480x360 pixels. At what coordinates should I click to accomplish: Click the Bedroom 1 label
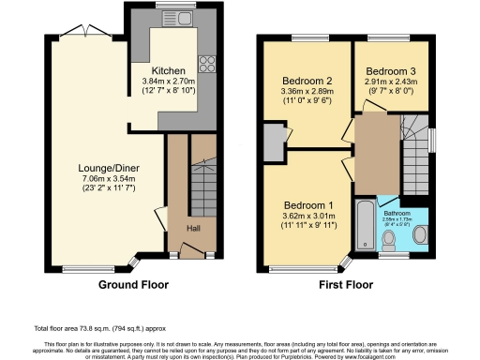[x=308, y=205]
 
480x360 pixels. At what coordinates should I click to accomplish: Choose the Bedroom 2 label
[x=308, y=81]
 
